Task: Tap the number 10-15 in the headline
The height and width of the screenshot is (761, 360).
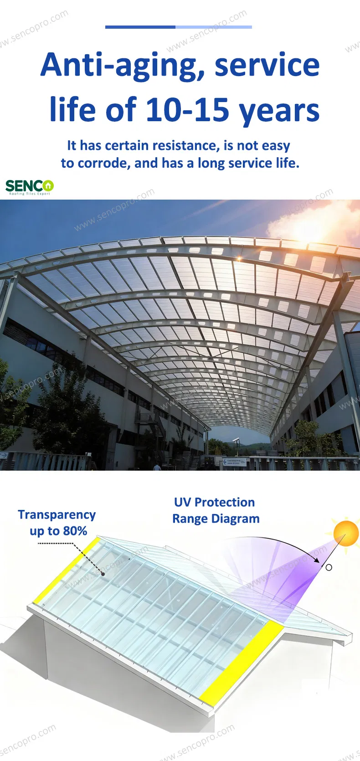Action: point(187,110)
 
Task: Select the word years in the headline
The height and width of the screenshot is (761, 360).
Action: point(279,111)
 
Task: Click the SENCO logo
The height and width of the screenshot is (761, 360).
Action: point(30,186)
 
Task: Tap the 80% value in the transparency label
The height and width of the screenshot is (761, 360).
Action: point(75,531)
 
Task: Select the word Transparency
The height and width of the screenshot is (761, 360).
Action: point(57,514)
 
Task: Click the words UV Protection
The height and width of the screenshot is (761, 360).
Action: point(214,502)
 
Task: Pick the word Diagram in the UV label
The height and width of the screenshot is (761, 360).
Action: point(239,519)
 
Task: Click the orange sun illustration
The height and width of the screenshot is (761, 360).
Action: point(346,533)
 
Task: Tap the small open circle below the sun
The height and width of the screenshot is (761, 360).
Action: point(329,567)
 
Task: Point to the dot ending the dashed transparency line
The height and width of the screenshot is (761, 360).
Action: point(103,574)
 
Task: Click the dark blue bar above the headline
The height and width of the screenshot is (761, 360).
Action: point(140,27)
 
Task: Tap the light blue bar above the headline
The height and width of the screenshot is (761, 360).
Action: point(214,27)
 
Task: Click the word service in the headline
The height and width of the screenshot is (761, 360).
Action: point(267,65)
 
